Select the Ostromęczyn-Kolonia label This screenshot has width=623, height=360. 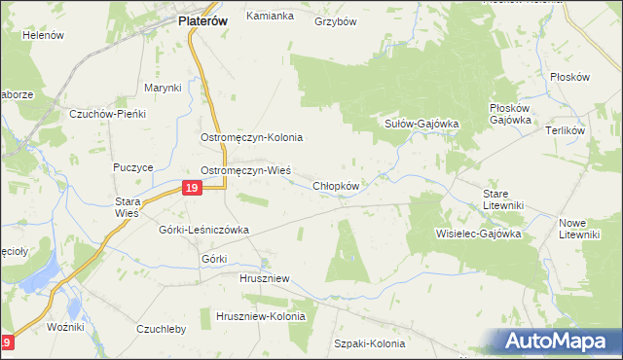[252, 138]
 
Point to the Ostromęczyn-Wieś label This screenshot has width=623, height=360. [245, 169]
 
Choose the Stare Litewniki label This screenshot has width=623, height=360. [503, 199]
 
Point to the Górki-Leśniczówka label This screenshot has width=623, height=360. [204, 230]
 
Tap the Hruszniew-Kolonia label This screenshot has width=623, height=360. [260, 317]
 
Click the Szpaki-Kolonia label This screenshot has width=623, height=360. [369, 343]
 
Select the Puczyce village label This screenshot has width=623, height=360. [133, 167]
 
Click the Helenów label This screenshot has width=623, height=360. [43, 35]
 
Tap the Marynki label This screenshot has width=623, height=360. [164, 88]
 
